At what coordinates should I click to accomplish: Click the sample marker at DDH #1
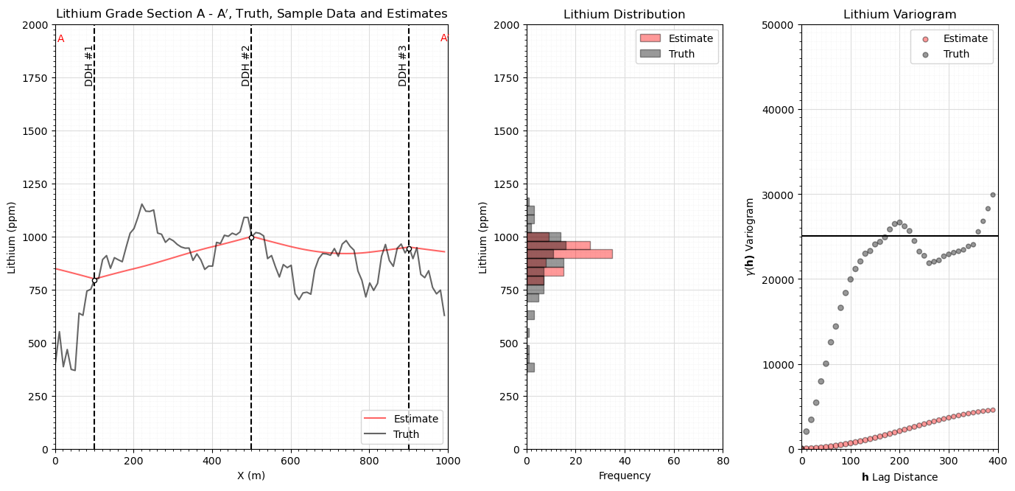94,281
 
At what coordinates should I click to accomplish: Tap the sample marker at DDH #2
251,237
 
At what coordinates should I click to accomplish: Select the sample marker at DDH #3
409,249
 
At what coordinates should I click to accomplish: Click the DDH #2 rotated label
245,66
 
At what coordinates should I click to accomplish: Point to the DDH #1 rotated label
88,66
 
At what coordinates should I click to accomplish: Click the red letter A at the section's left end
60,39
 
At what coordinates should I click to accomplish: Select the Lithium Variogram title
899,15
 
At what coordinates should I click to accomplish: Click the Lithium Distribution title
624,15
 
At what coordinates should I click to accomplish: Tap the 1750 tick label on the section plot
35,78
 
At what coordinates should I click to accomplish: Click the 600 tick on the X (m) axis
290,461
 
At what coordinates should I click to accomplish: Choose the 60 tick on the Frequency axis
674,461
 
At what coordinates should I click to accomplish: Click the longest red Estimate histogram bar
569,254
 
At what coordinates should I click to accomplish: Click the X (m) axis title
251,476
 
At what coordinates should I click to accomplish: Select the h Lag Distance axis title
899,477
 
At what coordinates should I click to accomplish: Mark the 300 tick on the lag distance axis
949,461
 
